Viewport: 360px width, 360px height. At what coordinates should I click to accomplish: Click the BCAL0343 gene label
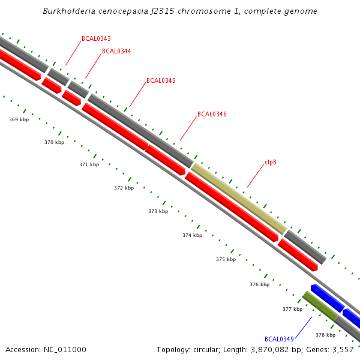pyautogui.click(x=96, y=38)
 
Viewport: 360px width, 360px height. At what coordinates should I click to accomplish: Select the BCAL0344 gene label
pyautogui.click(x=116, y=51)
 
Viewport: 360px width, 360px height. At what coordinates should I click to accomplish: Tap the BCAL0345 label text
pyautogui.click(x=161, y=80)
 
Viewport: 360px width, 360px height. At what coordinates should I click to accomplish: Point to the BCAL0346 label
pyautogui.click(x=212, y=114)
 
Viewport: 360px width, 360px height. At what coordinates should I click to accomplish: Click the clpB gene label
pyautogui.click(x=271, y=162)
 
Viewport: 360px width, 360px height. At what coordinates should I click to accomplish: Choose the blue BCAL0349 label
pyautogui.click(x=279, y=339)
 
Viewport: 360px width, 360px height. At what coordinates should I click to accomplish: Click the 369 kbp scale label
pyautogui.click(x=19, y=119)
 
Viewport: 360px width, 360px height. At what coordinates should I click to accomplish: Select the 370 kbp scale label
pyautogui.click(x=54, y=142)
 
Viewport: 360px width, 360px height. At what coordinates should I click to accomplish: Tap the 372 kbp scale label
pyautogui.click(x=124, y=188)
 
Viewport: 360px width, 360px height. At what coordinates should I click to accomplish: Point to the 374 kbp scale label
pyautogui.click(x=192, y=235)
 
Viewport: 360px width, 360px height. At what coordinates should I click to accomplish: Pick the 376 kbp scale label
pyautogui.click(x=259, y=284)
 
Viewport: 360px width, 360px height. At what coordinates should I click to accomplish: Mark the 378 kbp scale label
pyautogui.click(x=325, y=335)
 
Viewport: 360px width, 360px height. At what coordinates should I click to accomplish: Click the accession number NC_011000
pyautogui.click(x=63, y=349)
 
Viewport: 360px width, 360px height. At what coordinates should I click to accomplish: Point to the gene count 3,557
pyautogui.click(x=344, y=349)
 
